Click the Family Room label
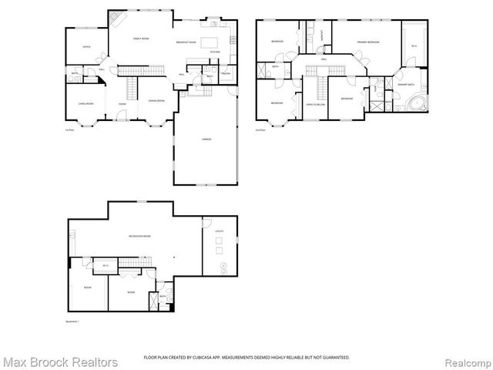(x=140, y=38)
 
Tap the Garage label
(x=205, y=140)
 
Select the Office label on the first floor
(x=87, y=48)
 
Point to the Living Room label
(x=86, y=103)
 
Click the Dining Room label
(x=155, y=100)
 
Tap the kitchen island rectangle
(x=219, y=39)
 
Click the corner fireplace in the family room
(x=117, y=18)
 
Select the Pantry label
(x=226, y=73)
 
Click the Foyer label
(x=122, y=103)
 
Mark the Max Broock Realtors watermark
(x=60, y=362)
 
